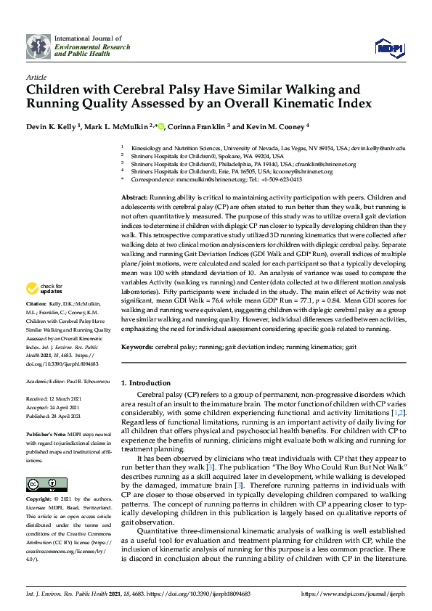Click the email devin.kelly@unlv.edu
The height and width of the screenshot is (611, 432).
point(378,147)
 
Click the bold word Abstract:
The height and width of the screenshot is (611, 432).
point(134,197)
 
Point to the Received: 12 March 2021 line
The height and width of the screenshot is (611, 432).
point(54,399)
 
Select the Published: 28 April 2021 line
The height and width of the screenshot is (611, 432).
point(54,417)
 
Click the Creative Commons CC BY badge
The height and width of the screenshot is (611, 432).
point(41,484)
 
